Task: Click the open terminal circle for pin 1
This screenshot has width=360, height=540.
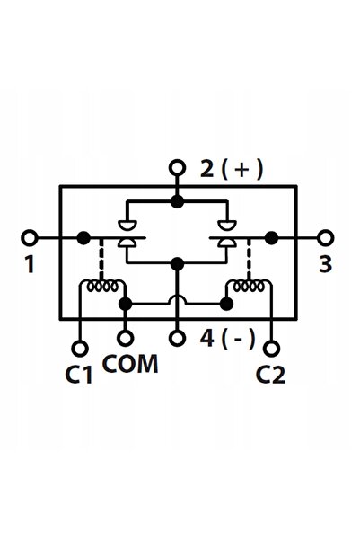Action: pyautogui.click(x=30, y=238)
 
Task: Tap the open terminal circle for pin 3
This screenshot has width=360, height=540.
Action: pyautogui.click(x=325, y=238)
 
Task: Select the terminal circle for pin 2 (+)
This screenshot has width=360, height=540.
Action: pyautogui.click(x=177, y=168)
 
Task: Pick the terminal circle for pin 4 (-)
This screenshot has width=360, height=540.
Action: pyautogui.click(x=177, y=338)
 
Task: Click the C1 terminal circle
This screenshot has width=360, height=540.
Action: pyautogui.click(x=80, y=349)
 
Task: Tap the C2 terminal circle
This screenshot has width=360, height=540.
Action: pyautogui.click(x=271, y=349)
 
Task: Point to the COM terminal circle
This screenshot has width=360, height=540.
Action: pyautogui.click(x=126, y=338)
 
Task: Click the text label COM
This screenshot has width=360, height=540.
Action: pyautogui.click(x=130, y=364)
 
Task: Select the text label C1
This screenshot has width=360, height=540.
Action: pyautogui.click(x=79, y=375)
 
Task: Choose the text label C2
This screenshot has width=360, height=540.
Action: pyautogui.click(x=270, y=375)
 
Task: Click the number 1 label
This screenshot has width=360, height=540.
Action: pyautogui.click(x=31, y=264)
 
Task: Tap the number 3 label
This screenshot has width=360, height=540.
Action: pyautogui.click(x=325, y=264)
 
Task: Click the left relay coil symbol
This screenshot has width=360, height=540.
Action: pyautogui.click(x=102, y=287)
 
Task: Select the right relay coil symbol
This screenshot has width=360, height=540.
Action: pyautogui.click(x=249, y=287)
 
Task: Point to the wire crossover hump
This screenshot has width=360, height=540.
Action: pyautogui.click(x=177, y=298)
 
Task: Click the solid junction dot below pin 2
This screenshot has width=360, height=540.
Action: pyautogui.click(x=177, y=202)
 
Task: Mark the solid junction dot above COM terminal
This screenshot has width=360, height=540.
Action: pyautogui.click(x=126, y=304)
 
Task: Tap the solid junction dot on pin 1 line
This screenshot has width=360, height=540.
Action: pyautogui.click(x=83, y=238)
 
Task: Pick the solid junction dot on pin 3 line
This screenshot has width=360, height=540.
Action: pyautogui.click(x=271, y=238)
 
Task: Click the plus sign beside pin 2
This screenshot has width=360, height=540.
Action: pyautogui.click(x=242, y=170)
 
